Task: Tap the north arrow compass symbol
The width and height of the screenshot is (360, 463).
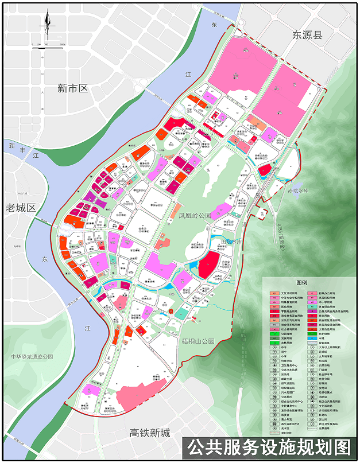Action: (48, 26)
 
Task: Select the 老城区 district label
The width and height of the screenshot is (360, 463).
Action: (21, 207)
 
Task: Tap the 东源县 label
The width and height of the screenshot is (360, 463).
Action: (307, 35)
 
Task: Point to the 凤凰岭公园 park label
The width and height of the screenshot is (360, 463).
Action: (195, 216)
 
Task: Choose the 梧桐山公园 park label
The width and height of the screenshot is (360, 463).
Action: (198, 341)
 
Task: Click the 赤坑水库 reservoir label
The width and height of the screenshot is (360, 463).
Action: (298, 190)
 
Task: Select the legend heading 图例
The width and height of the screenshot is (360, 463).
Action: (302, 283)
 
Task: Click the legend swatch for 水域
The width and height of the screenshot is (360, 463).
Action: (312, 339)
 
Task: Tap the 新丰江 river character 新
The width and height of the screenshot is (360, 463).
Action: (11, 146)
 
